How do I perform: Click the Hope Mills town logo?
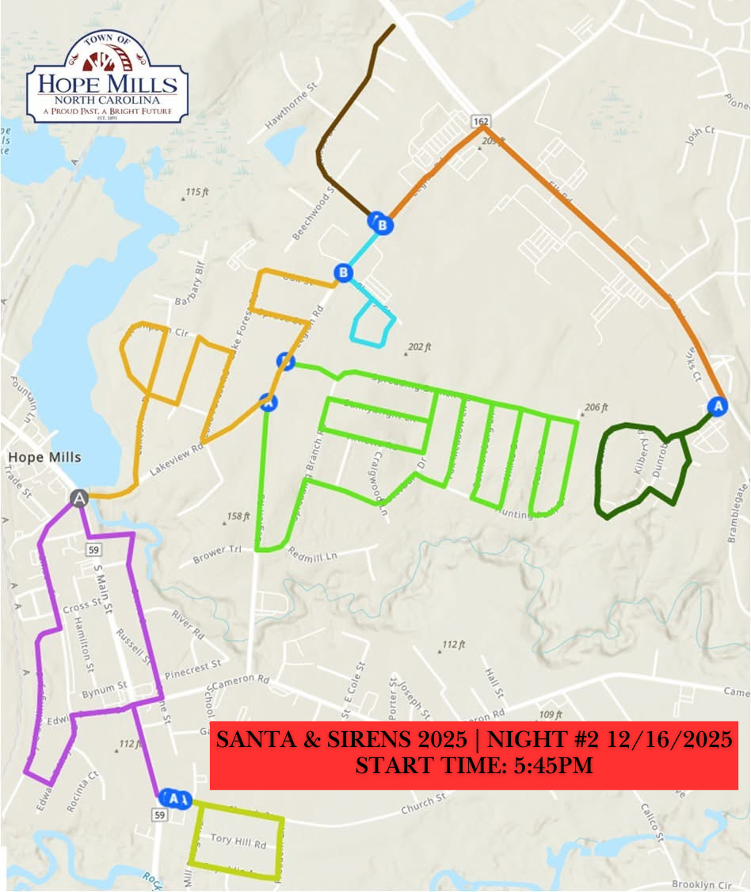pyautogui.click(x=107, y=78)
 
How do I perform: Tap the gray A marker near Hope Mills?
pyautogui.click(x=78, y=497)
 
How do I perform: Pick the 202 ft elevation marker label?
pyautogui.click(x=417, y=347)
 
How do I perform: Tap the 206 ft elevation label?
pyautogui.click(x=594, y=408)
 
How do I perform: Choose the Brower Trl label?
pyautogui.click(x=215, y=553)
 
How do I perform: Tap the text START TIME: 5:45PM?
pyautogui.click(x=474, y=766)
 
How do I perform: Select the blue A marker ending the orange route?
pyautogui.click(x=719, y=406)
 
